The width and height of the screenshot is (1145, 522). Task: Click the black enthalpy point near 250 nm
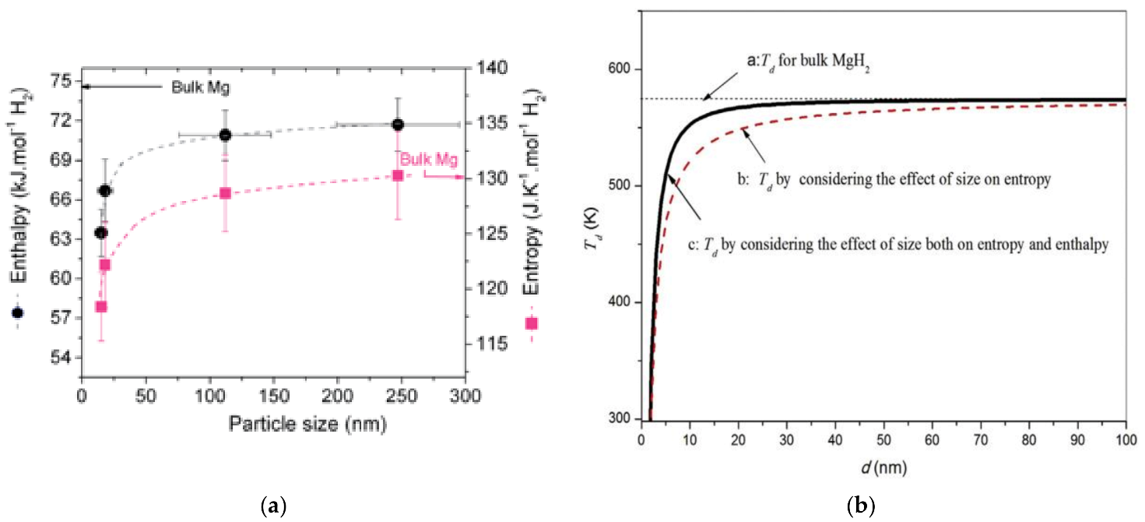tap(398, 125)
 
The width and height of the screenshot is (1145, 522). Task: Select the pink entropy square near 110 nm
tap(225, 193)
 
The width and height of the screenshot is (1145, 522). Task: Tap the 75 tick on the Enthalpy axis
tap(65, 81)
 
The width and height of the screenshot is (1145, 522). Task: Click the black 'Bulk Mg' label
tap(201, 86)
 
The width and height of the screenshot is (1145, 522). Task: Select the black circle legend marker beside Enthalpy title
tap(18, 312)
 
